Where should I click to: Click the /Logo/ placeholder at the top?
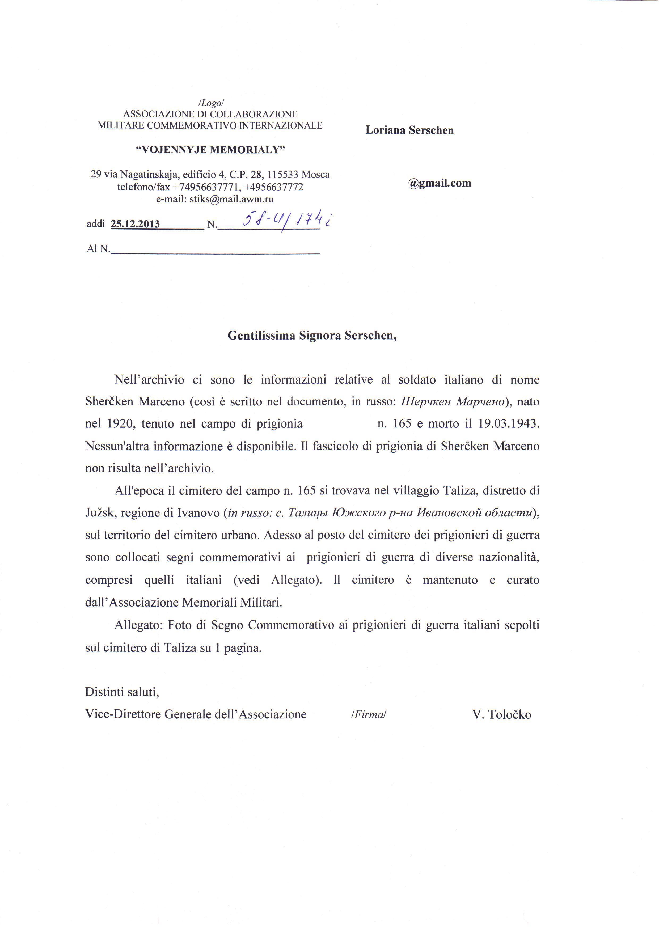(210, 103)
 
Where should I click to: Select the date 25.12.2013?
(135, 224)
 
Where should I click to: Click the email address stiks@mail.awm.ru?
(231, 199)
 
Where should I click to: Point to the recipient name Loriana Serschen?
(409, 130)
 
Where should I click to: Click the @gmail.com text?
(440, 183)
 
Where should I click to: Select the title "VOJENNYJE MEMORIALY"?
(210, 150)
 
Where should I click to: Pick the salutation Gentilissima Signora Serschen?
(312, 336)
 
